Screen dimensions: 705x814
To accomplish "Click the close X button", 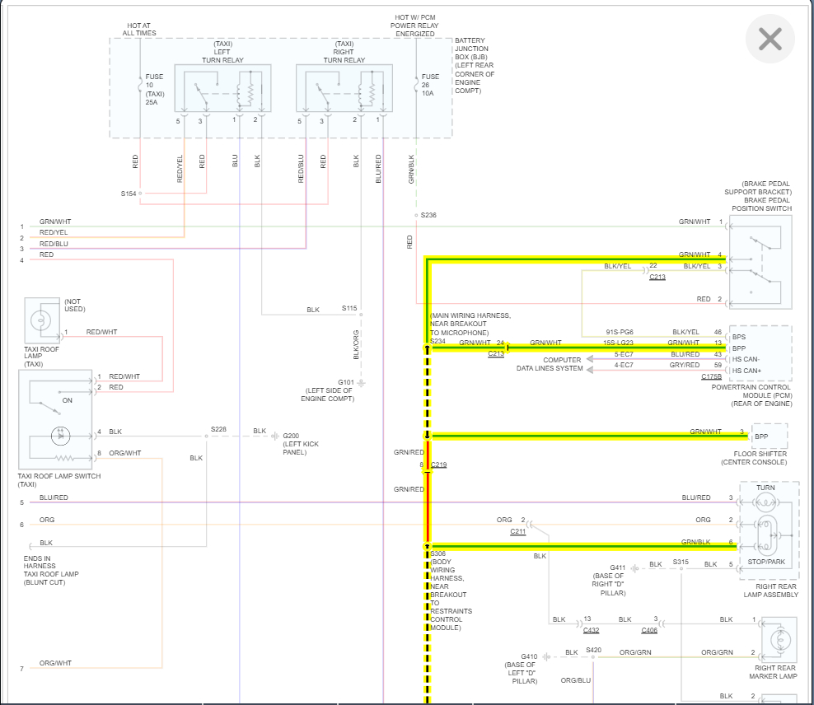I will click(x=770, y=39).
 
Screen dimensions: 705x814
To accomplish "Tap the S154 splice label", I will click(x=129, y=194).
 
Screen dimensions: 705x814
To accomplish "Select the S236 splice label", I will click(x=428, y=215).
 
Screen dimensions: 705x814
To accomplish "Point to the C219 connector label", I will click(x=438, y=465).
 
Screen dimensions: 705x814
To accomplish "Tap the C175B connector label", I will click(x=711, y=376).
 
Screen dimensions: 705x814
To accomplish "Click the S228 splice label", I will click(x=218, y=429).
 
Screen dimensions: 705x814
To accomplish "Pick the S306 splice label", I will click(x=437, y=554).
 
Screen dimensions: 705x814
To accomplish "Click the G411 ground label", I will click(x=618, y=567).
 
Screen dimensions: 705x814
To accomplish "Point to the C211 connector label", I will click(x=517, y=532).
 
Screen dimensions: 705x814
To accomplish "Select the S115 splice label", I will click(x=350, y=309).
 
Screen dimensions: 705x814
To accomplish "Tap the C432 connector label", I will click(x=591, y=631).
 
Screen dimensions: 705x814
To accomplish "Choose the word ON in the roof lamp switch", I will click(x=68, y=400).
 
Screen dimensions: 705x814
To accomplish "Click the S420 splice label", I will click(x=594, y=650).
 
